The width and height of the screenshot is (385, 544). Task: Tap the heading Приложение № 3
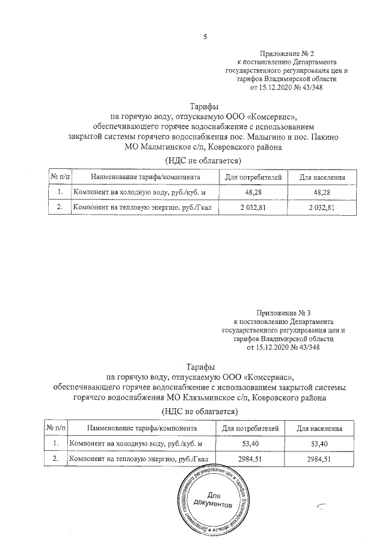[283, 313]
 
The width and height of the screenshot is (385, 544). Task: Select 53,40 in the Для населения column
[320, 444]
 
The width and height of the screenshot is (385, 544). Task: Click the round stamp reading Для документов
[215, 500]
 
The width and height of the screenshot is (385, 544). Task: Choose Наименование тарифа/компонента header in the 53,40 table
[142, 429]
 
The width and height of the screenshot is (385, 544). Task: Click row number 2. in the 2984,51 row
[56, 460]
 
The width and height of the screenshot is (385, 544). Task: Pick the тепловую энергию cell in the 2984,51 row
[139, 460]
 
